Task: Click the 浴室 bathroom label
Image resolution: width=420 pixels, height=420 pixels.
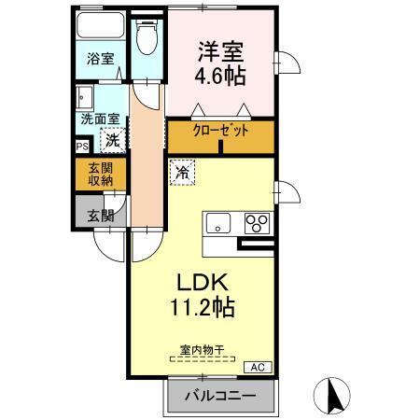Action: point(100,58)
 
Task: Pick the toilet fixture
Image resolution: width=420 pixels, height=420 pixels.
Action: point(146,37)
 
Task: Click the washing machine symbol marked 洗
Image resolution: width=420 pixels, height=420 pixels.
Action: point(111,141)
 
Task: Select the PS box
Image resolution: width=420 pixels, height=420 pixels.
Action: point(82,146)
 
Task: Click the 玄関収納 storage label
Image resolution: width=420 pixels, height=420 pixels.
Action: point(99,175)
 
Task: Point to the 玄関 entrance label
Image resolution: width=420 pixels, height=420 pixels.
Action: point(99,216)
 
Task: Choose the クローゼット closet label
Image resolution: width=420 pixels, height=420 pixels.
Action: point(221,132)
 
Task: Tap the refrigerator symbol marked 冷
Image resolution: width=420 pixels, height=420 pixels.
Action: point(181,172)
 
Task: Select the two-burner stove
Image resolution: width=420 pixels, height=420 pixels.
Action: point(256,223)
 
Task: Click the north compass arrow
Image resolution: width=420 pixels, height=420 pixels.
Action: point(331,396)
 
